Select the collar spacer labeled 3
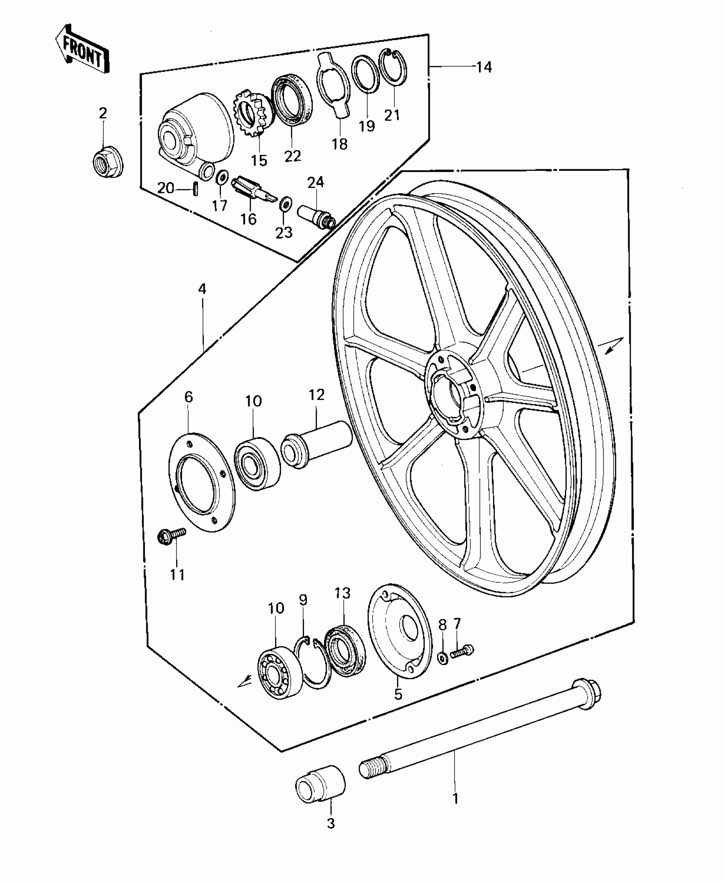[x=320, y=785]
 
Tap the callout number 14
[x=484, y=67]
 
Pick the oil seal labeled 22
[x=291, y=101]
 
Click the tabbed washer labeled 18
[x=333, y=85]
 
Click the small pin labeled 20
[x=195, y=188]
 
